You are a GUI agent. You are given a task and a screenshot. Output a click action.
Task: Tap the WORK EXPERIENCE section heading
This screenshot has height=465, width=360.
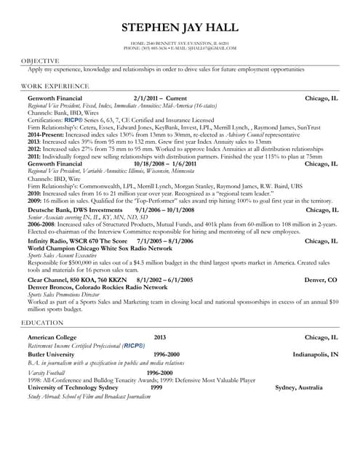[52, 86]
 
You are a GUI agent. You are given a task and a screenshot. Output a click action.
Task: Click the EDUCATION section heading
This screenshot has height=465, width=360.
[42, 321]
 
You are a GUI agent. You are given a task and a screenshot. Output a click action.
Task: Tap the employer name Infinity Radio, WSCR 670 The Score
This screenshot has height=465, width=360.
[77, 240]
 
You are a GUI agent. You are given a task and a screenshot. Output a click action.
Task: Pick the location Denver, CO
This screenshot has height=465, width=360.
[321, 279]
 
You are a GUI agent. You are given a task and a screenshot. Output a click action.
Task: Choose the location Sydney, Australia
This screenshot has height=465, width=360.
[307, 388]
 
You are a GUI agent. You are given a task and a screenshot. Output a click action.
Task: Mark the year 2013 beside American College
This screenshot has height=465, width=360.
[160, 338]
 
